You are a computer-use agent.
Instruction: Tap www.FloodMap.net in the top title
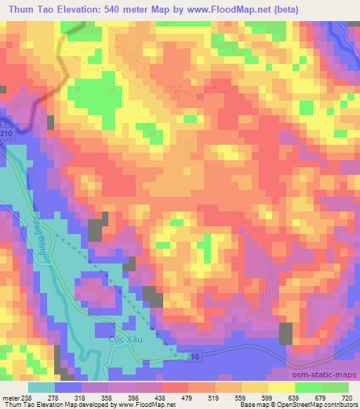[x=224, y=10]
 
